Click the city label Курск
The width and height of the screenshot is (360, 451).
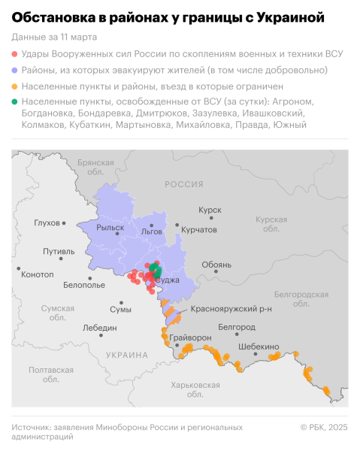pos(210,211)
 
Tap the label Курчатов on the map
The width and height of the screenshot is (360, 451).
pos(200,229)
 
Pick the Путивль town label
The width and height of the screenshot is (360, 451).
pos(59,251)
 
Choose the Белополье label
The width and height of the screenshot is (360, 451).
pos(84,286)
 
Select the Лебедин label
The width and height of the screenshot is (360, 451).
pos(100,328)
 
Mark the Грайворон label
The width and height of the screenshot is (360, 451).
pos(191,338)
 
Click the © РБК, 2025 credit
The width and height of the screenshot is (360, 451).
pos(324,427)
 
